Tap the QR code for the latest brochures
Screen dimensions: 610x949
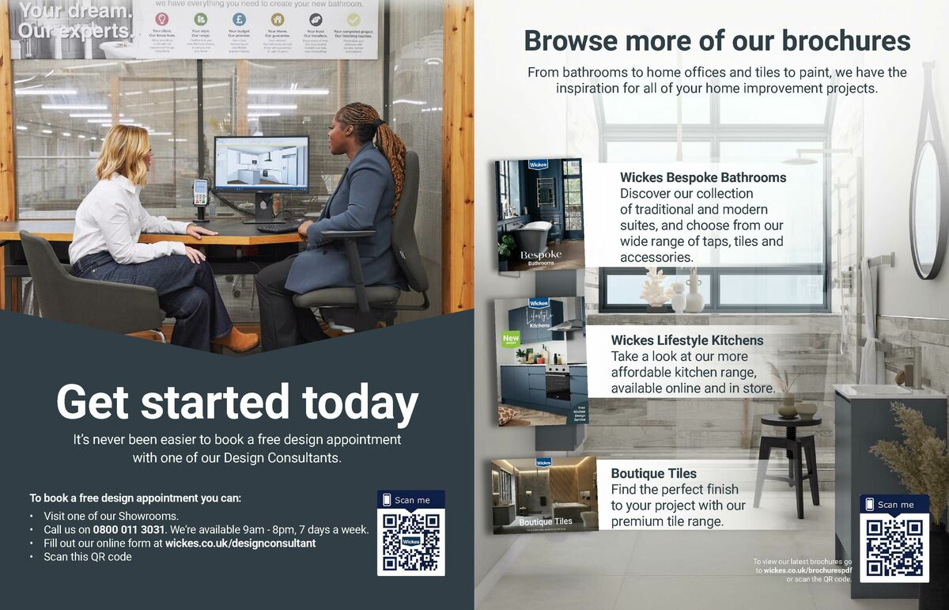(x=894, y=547)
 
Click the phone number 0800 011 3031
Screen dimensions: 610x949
(x=129, y=529)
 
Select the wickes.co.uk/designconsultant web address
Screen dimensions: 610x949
(x=240, y=544)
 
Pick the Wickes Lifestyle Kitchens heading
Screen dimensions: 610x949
(x=687, y=340)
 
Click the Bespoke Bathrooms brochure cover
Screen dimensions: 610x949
(x=540, y=214)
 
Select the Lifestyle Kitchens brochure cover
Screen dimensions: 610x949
(x=542, y=361)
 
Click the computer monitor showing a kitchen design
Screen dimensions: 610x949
(x=261, y=165)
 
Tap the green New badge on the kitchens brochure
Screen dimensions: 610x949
(x=511, y=339)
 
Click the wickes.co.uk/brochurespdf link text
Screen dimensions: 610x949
(x=807, y=570)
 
